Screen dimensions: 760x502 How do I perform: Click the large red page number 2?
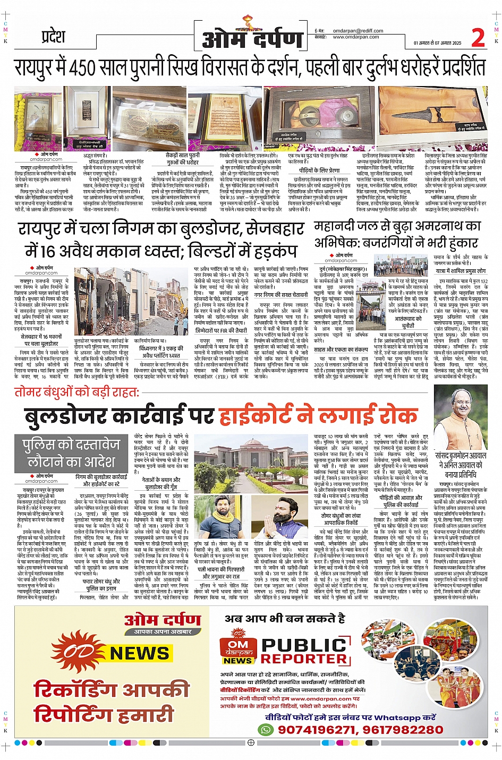478,38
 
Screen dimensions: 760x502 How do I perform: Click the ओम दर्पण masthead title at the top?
252,39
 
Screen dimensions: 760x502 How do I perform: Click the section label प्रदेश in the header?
53,37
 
